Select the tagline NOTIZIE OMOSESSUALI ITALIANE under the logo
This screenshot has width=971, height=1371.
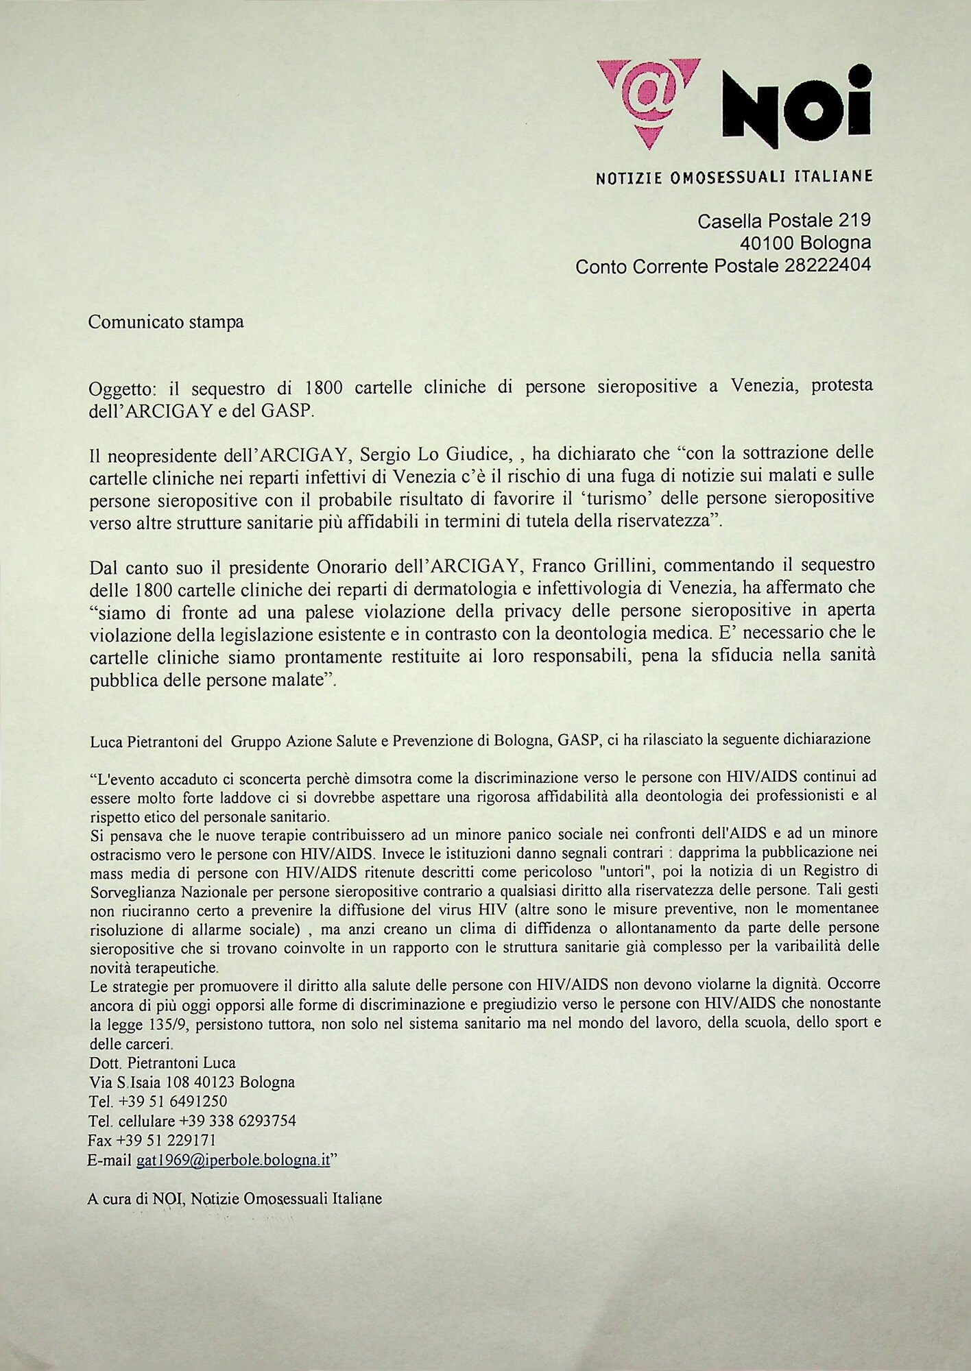coord(734,177)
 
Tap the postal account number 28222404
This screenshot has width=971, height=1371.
coord(828,265)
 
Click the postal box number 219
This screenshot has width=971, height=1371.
coord(854,220)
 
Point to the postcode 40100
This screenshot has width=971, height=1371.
coord(767,243)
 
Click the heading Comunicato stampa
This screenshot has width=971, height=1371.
coord(166,321)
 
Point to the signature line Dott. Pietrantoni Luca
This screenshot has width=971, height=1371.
coord(163,1063)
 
